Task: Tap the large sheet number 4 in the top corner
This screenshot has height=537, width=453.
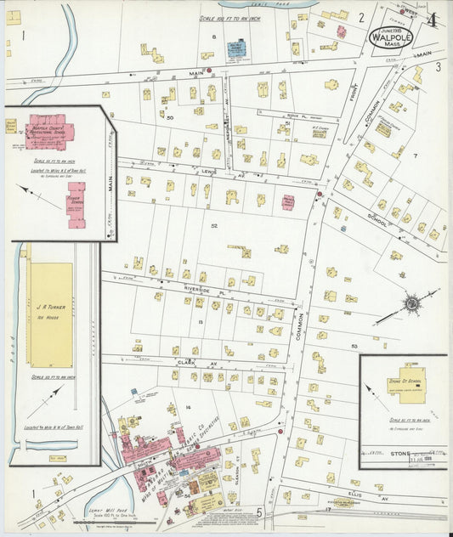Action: click(x=433, y=19)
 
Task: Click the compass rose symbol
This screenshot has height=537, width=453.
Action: click(x=411, y=302)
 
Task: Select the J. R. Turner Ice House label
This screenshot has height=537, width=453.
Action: click(x=51, y=304)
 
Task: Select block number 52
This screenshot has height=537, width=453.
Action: click(x=214, y=225)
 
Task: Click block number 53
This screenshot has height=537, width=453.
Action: click(x=354, y=347)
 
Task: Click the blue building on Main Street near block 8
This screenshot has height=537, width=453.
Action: click(x=235, y=48)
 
